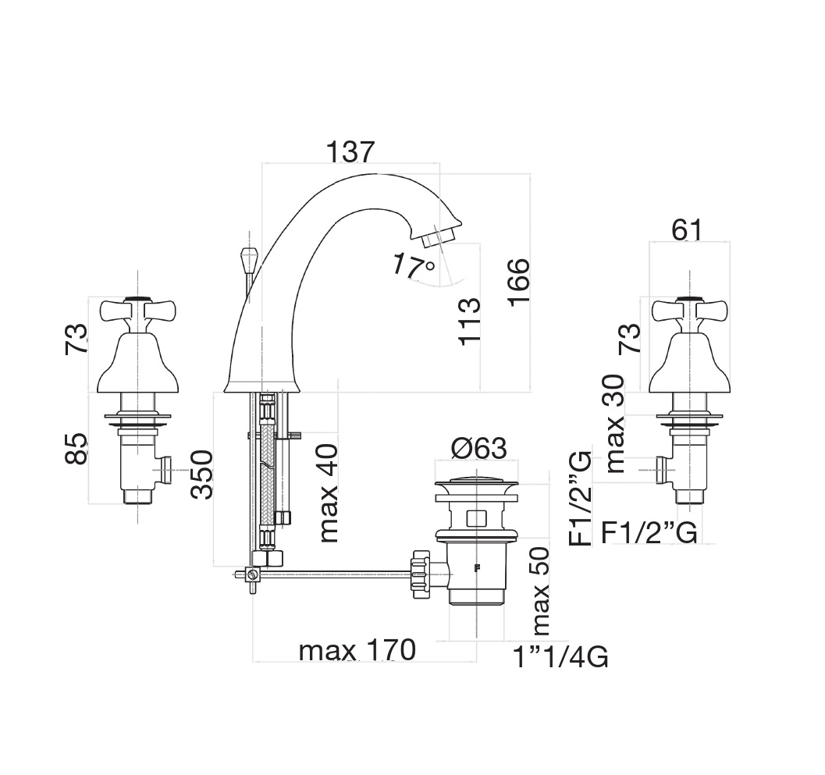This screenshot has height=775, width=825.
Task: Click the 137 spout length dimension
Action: [350, 151]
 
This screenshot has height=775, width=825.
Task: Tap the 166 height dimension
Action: [516, 285]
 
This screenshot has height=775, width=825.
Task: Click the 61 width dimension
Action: [687, 230]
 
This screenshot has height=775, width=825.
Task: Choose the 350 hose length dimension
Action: [201, 474]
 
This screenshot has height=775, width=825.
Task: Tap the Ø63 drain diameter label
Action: [478, 449]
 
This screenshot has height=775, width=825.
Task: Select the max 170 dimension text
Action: [357, 649]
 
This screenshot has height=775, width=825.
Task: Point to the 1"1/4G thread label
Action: [560, 658]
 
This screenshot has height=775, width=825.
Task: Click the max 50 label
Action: [539, 591]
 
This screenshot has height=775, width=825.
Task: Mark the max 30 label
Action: [615, 424]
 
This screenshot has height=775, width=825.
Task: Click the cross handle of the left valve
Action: [137, 310]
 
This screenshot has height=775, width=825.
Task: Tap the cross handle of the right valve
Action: [687, 310]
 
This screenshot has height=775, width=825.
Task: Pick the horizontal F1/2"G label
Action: [649, 533]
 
